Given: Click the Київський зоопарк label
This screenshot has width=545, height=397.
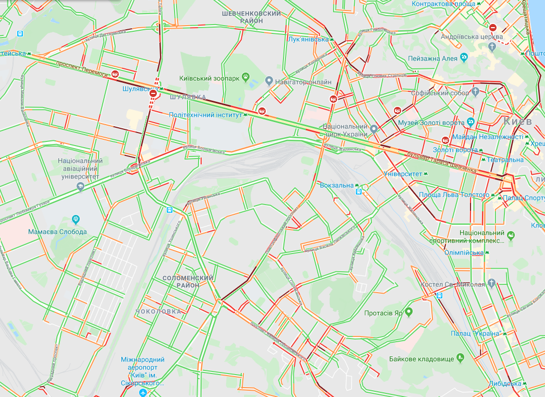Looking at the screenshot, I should pos(209,78).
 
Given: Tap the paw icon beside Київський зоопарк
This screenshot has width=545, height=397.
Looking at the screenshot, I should pos(244,78).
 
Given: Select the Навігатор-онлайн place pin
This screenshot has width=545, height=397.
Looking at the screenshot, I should pos(269,81).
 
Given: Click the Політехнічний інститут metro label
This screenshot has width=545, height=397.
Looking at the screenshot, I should pos(205,115).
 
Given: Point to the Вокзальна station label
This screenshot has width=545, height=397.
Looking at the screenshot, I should pos(337,185).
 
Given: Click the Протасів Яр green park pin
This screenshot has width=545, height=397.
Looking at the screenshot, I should pos(408,312).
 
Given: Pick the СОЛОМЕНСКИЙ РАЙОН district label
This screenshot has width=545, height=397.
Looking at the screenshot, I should pos(188,282).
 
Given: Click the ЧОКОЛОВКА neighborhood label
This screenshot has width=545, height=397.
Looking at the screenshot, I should pos(158,311).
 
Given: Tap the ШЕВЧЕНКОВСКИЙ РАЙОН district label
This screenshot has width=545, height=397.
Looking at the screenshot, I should pos(251,17).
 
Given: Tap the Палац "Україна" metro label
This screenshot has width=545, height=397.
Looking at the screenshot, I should pos(476,333).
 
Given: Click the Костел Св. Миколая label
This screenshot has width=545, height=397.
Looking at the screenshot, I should pos(453,285).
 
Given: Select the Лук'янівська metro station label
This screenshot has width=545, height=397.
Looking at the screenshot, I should pos(308,39).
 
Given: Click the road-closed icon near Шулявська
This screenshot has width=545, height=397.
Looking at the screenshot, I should pos(153,93).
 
